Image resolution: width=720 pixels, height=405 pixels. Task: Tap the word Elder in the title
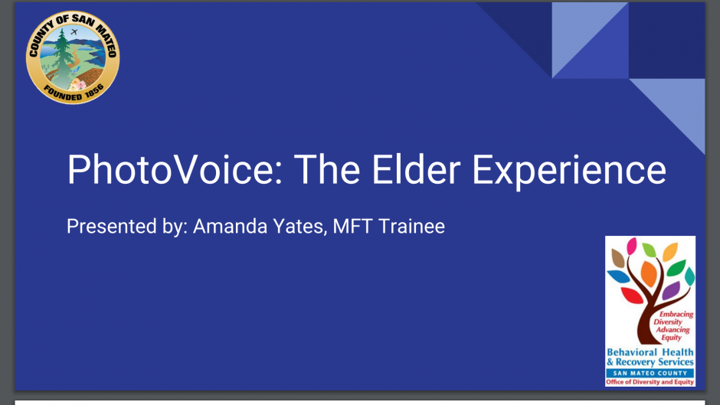point(416,169)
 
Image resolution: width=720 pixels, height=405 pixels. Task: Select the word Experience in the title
point(569,171)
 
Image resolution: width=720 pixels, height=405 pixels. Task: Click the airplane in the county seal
point(74,32)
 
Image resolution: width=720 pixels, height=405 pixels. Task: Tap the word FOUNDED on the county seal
point(63,93)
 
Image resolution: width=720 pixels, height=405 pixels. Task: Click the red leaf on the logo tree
point(632,296)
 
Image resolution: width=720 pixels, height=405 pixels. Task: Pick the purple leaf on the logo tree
point(671,290)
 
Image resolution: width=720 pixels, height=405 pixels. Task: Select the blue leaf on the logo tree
point(618,276)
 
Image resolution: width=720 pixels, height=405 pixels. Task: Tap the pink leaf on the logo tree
point(632,246)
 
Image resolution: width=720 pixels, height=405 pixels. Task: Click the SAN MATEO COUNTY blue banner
point(650,373)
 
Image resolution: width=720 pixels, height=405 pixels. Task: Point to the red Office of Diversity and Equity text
point(650,381)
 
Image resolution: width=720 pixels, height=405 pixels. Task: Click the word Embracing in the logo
point(676,315)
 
